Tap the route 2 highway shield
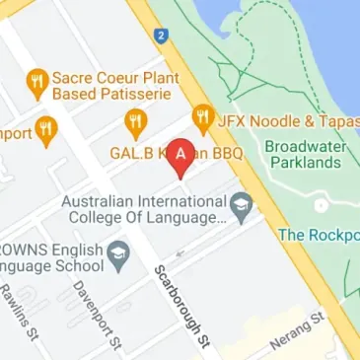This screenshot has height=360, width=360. (x=160, y=36)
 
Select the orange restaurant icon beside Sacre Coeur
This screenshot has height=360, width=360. (x=37, y=84)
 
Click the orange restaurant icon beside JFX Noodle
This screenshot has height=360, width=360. (x=203, y=118)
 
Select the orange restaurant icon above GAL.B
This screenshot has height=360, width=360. (x=135, y=123)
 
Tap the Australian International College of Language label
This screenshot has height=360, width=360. (x=144, y=208)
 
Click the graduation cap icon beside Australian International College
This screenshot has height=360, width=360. (x=242, y=207)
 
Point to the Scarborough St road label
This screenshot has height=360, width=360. (x=183, y=305)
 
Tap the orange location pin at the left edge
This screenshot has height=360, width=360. (x=46, y=131)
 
